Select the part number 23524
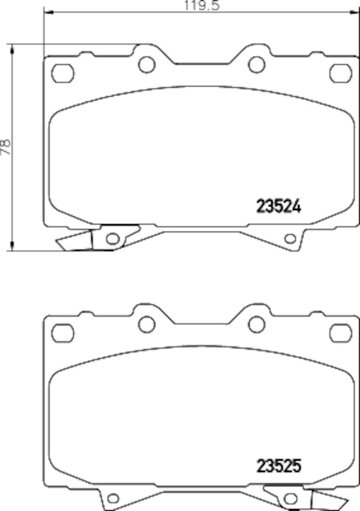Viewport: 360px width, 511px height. (x=278, y=206)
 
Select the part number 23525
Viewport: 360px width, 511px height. (x=278, y=466)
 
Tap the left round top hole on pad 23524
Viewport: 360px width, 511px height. (x=147, y=64)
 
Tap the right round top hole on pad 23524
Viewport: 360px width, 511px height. (x=257, y=64)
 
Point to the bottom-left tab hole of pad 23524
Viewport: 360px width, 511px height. (x=113, y=240)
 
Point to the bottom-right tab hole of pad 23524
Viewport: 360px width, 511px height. (x=290, y=240)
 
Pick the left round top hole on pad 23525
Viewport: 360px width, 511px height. (x=147, y=324)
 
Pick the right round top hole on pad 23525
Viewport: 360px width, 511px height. (x=257, y=324)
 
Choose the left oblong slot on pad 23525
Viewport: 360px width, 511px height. (x=63, y=333)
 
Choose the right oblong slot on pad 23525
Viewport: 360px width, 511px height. (x=341, y=333)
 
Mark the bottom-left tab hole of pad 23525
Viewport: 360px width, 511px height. (x=113, y=499)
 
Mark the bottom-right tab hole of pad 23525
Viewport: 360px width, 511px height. (x=290, y=499)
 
